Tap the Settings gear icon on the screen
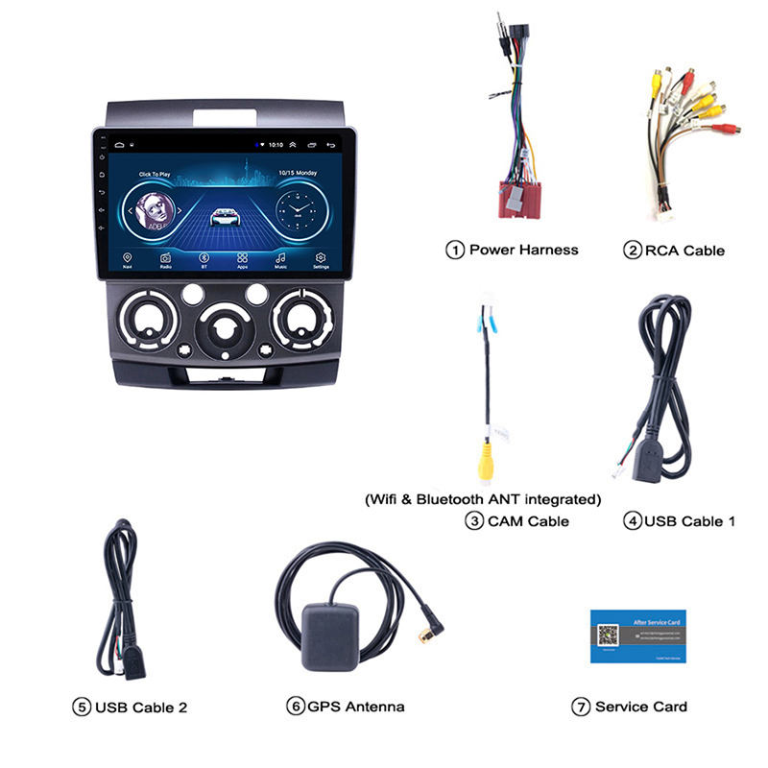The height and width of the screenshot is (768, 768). tap(321, 258)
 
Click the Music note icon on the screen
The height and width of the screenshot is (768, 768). tap(281, 258)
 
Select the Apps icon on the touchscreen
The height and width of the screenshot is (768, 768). tap(242, 258)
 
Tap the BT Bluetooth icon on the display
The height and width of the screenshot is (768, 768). tap(204, 258)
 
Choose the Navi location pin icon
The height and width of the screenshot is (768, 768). tap(128, 258)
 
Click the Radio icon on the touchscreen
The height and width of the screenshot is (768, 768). tap(165, 258)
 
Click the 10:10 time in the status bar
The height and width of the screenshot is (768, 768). tap(276, 144)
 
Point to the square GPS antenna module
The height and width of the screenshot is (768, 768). tap(330, 636)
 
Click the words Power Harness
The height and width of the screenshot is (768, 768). tap(523, 250)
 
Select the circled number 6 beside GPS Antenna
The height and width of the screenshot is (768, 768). tap(296, 707)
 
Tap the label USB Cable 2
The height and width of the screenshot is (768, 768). tap(141, 708)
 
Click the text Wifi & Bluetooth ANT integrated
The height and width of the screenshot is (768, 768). tap(483, 499)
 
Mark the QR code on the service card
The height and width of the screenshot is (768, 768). tap(607, 636)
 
